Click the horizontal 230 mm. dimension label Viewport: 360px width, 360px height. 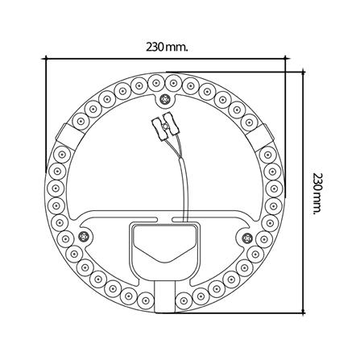[x=166, y=47]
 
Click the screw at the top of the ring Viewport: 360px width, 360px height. [x=166, y=100]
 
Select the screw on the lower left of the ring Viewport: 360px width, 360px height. [x=85, y=236]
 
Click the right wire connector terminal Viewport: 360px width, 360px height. [x=172, y=126]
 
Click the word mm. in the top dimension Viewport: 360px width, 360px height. [x=179, y=47]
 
